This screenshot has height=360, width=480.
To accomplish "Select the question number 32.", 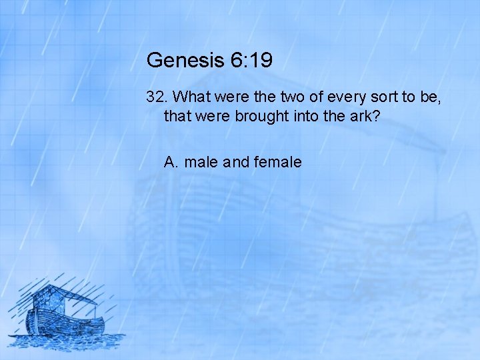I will pyautogui.click(x=157, y=97).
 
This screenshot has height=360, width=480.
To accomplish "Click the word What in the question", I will pyautogui.click(x=194, y=97).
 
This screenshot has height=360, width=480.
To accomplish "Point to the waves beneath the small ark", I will pyautogui.click(x=67, y=339).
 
